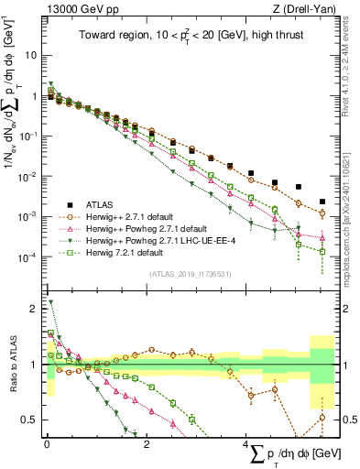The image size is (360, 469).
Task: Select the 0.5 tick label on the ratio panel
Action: (x=30, y=420)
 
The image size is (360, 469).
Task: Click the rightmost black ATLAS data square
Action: (x=322, y=202)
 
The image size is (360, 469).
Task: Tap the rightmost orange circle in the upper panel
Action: (x=322, y=213)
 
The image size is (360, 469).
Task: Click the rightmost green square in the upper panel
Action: (x=322, y=251)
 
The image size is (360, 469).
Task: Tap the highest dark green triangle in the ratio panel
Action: (x=50, y=301)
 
